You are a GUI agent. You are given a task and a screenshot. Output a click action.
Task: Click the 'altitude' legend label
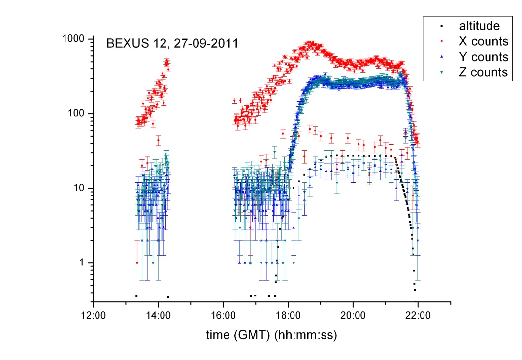pyautogui.click(x=479, y=26)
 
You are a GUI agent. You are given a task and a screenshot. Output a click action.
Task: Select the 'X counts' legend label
pyautogui.click(x=484, y=41)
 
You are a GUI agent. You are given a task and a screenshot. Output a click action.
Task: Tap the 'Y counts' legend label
pyautogui.click(x=484, y=57)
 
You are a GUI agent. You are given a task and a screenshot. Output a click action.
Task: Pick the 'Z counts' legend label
pyautogui.click(x=483, y=72)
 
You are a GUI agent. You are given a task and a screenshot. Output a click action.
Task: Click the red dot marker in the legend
pyautogui.click(x=441, y=41)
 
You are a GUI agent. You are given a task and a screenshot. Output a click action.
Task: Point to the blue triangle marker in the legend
pyautogui.click(x=441, y=57)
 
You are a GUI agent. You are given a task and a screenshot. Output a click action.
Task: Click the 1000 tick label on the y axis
pyautogui.click(x=73, y=38)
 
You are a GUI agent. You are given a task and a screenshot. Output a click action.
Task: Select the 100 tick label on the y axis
pyautogui.click(x=76, y=113)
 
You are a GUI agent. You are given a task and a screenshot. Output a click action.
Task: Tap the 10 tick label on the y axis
pyautogui.click(x=79, y=188)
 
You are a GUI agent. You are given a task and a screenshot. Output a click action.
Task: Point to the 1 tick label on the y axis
pyautogui.click(x=82, y=262)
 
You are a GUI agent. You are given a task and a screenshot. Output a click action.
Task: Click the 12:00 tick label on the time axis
pyautogui.click(x=93, y=315)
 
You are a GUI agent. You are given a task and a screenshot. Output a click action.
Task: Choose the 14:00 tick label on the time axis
pyautogui.click(x=158, y=315)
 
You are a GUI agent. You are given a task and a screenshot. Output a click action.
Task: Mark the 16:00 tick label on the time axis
pyautogui.click(x=223, y=315)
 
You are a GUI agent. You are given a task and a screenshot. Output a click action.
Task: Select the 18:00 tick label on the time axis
pyautogui.click(x=288, y=315)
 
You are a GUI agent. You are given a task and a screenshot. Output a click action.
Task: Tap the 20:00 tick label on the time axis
pyautogui.click(x=353, y=315)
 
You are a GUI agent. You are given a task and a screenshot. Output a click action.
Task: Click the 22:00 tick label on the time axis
pyautogui.click(x=418, y=315)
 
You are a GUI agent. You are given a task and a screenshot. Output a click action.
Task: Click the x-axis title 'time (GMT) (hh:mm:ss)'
pyautogui.click(x=272, y=335)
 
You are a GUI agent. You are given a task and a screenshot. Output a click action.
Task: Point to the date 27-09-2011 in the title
pyautogui.click(x=206, y=44)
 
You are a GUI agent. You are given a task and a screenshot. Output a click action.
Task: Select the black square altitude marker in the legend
pyautogui.click(x=441, y=26)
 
